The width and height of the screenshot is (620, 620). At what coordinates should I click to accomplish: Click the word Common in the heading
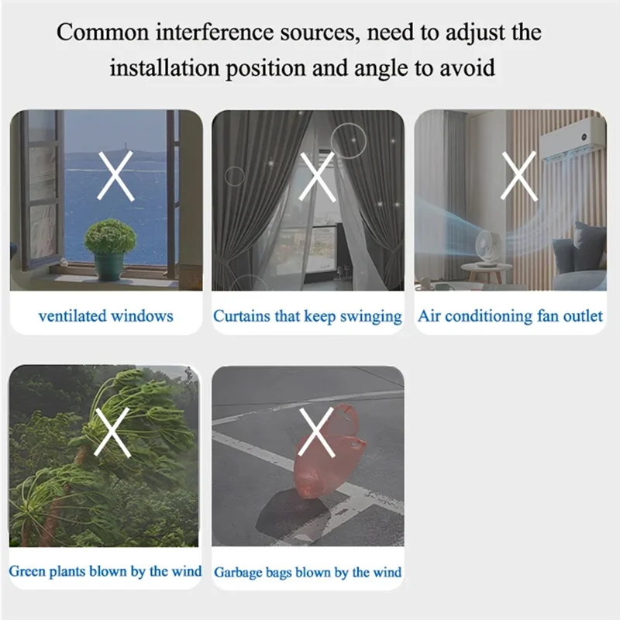click(102, 33)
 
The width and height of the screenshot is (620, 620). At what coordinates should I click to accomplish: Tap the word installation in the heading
click(164, 67)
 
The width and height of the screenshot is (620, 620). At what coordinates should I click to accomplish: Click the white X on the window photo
click(115, 176)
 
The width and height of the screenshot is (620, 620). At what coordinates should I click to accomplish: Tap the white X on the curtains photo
click(318, 177)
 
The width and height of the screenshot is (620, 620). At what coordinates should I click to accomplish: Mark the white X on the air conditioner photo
click(519, 176)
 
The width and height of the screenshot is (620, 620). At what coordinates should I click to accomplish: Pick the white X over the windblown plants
click(112, 432)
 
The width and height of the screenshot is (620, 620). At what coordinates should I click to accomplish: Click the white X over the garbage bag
click(317, 432)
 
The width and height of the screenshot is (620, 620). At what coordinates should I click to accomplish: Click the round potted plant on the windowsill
click(110, 237)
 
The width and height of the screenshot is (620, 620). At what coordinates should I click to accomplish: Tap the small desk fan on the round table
click(486, 247)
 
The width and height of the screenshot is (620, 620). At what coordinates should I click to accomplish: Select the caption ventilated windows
click(106, 316)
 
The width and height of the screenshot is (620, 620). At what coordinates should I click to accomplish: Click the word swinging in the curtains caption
click(371, 317)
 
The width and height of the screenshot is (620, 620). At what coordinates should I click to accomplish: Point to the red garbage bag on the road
click(328, 451)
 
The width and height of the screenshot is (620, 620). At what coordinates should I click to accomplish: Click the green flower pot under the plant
click(108, 267)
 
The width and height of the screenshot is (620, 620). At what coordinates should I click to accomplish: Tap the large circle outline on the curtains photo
click(348, 141)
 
